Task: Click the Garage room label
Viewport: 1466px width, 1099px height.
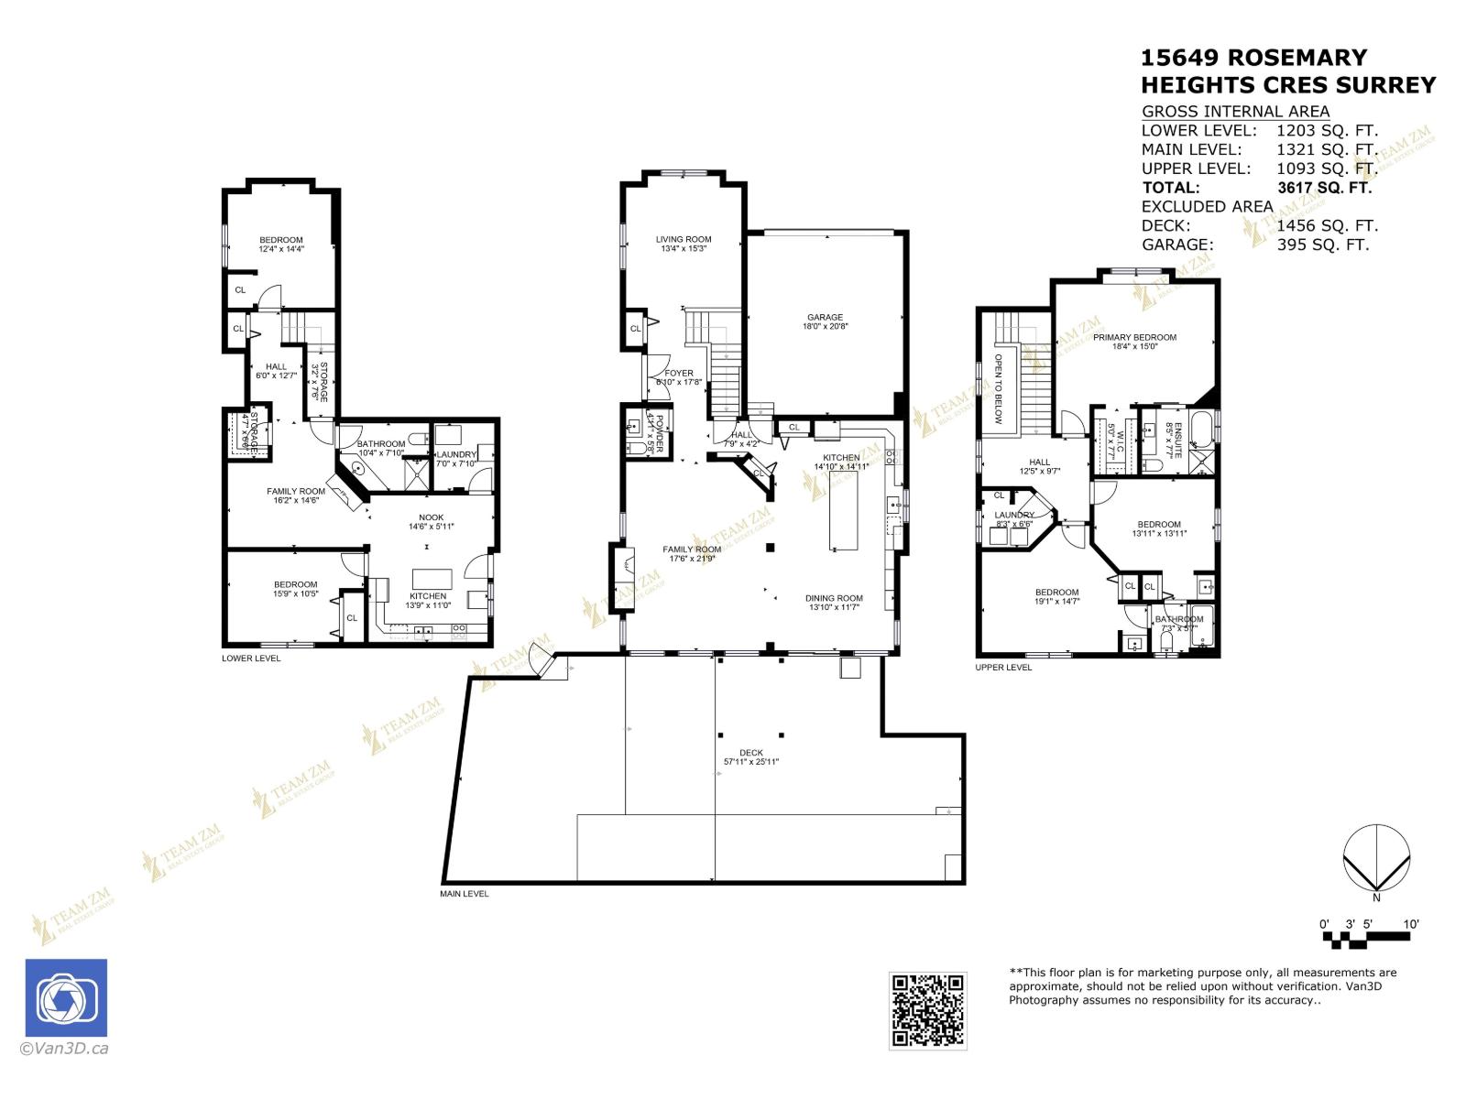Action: pyautogui.click(x=825, y=318)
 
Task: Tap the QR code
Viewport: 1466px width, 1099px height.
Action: pyautogui.click(x=927, y=1010)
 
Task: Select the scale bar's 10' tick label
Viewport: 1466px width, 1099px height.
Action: pyautogui.click(x=1411, y=924)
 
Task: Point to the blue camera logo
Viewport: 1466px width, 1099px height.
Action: pyautogui.click(x=66, y=998)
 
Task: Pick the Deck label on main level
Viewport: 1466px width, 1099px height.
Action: pyautogui.click(x=750, y=753)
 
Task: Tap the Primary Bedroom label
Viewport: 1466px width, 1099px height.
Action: pyautogui.click(x=1134, y=337)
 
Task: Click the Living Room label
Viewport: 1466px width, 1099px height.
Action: pyautogui.click(x=684, y=240)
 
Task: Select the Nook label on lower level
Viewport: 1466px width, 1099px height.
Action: pyautogui.click(x=431, y=517)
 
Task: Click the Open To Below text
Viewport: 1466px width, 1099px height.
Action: pyautogui.click(x=1000, y=388)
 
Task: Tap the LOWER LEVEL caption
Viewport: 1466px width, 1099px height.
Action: pyautogui.click(x=251, y=658)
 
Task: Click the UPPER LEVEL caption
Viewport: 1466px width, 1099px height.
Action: pyautogui.click(x=1003, y=668)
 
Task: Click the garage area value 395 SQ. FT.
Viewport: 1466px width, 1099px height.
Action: pyautogui.click(x=1322, y=245)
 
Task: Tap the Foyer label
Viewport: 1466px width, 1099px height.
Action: pyautogui.click(x=679, y=374)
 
